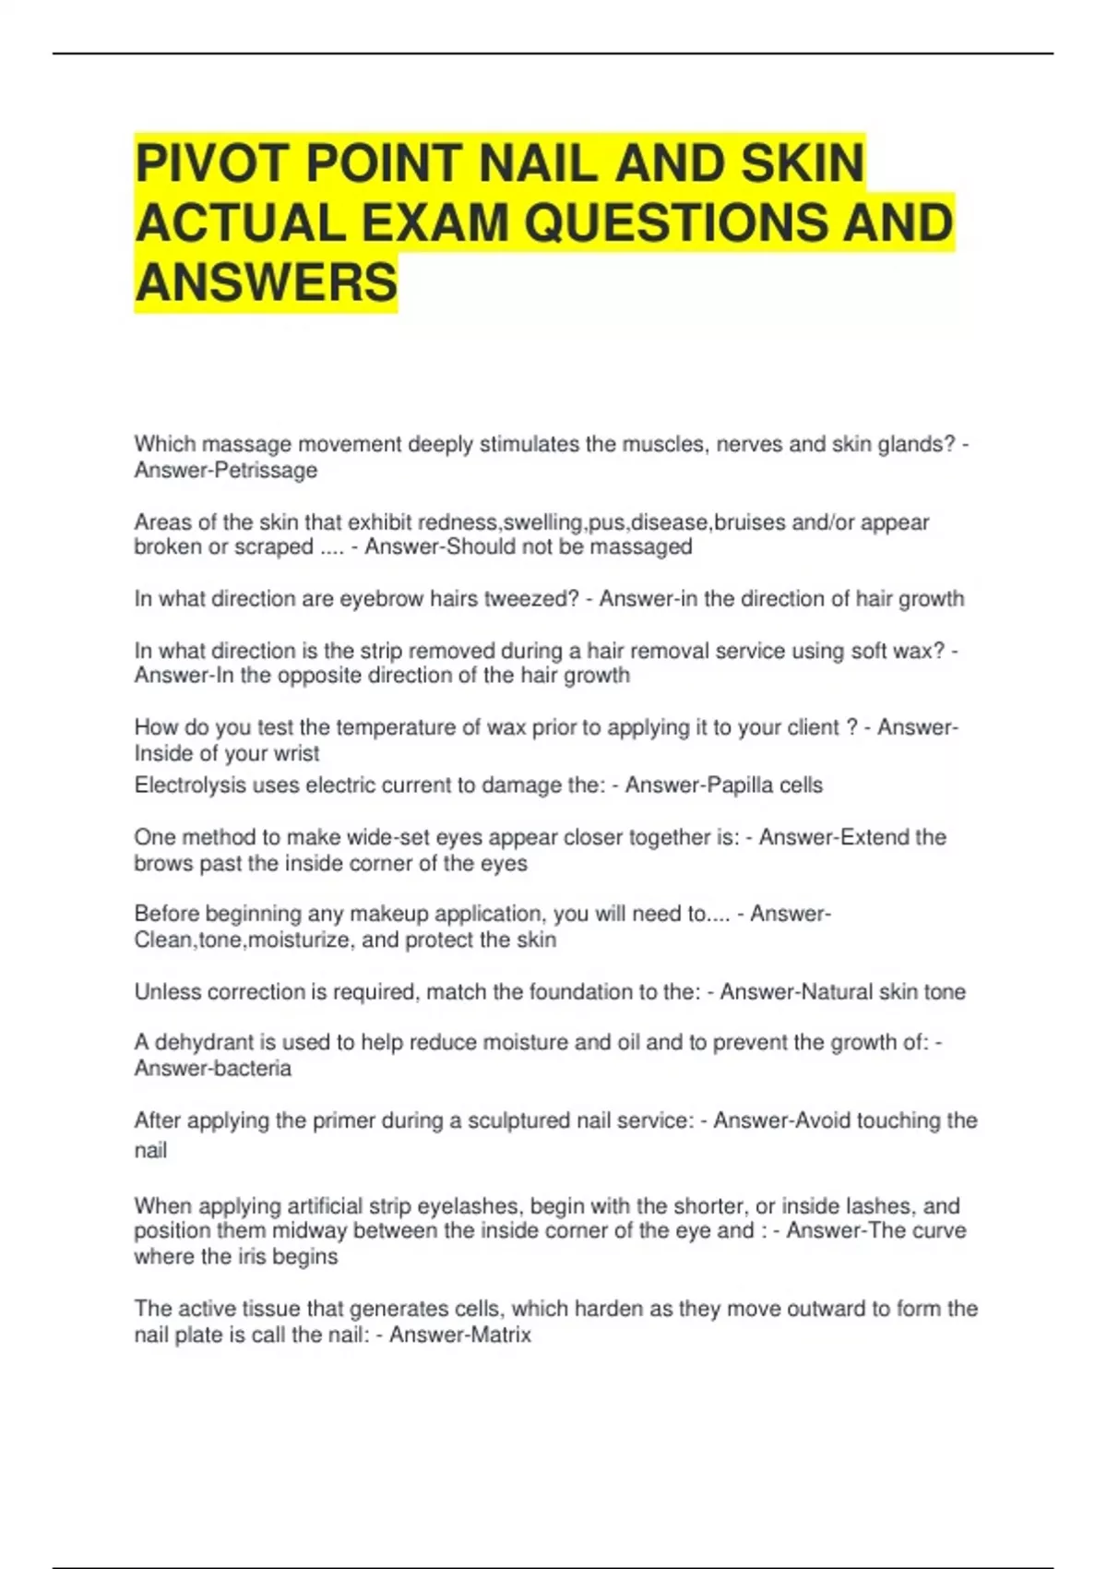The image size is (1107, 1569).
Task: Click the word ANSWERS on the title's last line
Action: point(266,283)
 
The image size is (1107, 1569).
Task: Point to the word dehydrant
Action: point(203,1043)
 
